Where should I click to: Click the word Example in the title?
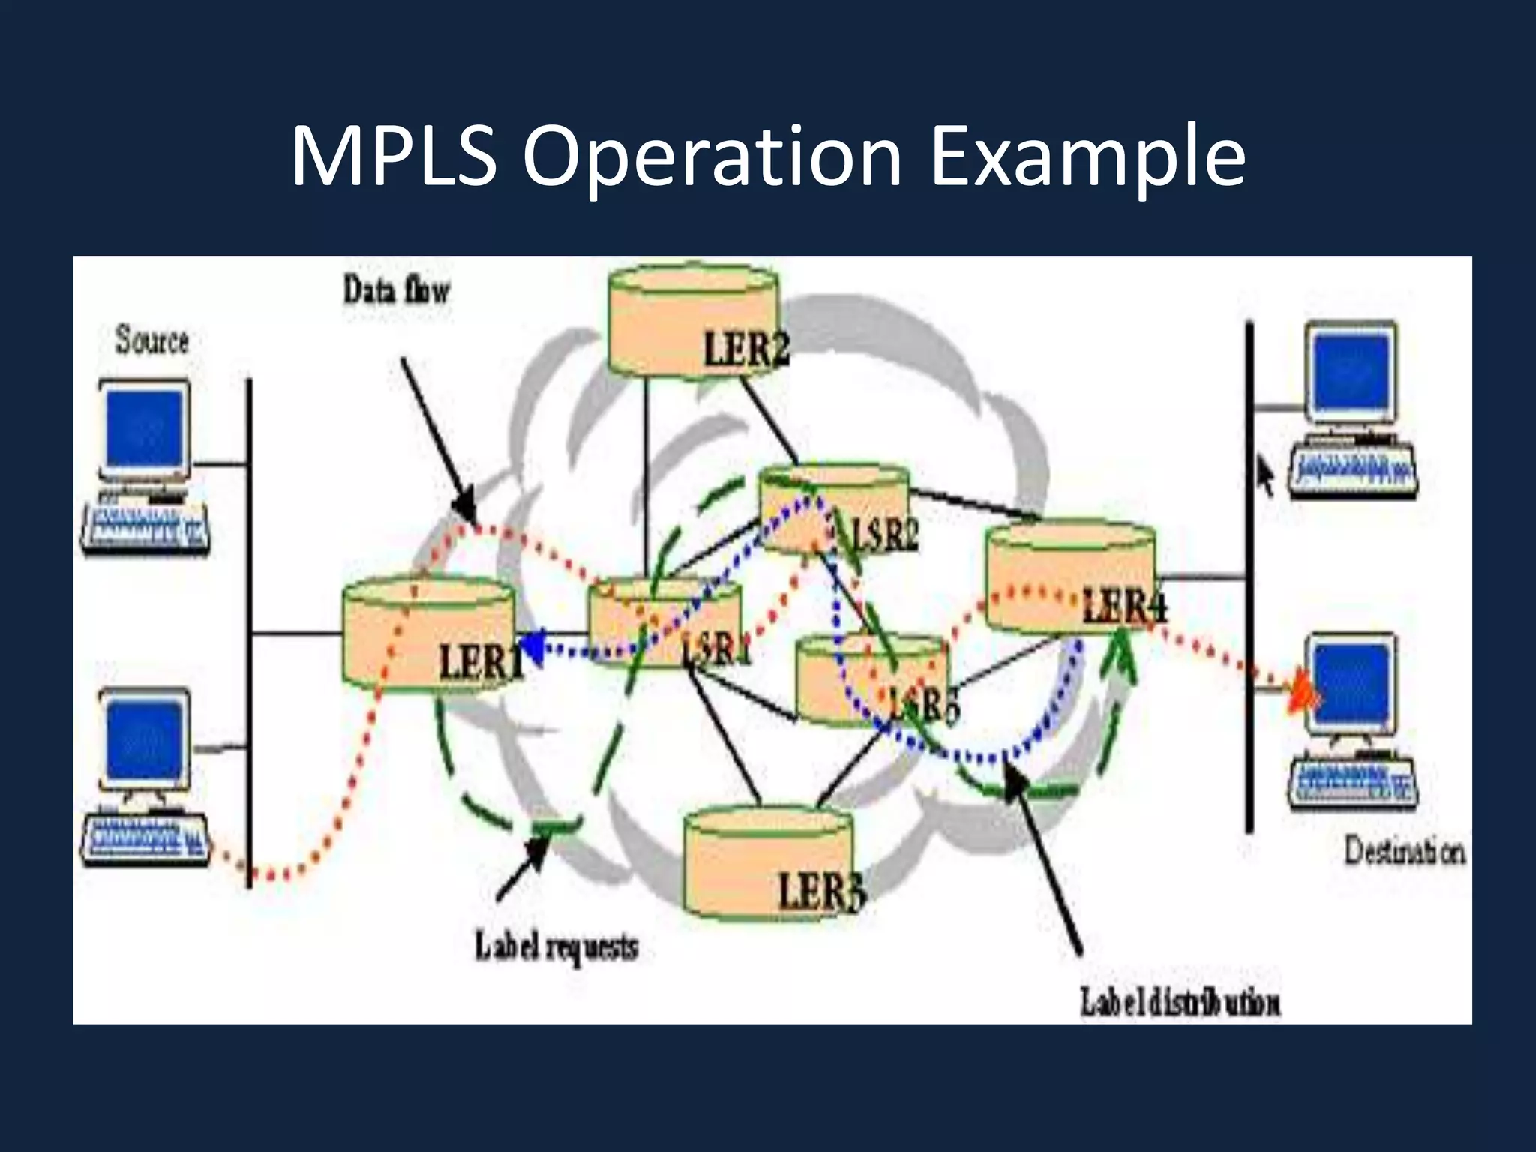[1087, 157]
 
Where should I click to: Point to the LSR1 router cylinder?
[664, 622]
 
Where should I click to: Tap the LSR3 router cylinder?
[870, 679]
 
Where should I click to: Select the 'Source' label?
[151, 340]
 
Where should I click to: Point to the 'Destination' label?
[1403, 852]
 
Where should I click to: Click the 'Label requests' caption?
[556, 947]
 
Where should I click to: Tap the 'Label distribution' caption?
[1180, 1002]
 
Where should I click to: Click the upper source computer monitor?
[144, 430]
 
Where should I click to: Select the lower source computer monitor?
[144, 739]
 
